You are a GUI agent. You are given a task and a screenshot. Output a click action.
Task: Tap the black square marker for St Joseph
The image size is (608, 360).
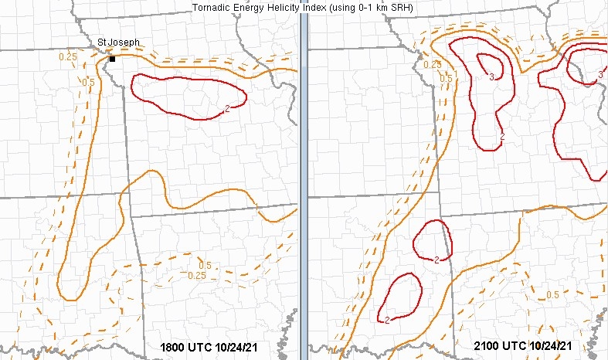coord(112,59)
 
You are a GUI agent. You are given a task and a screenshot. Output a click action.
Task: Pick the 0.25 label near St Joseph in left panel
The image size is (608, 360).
coord(67,56)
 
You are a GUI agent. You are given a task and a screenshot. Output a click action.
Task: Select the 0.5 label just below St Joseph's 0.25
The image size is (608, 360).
coord(88,82)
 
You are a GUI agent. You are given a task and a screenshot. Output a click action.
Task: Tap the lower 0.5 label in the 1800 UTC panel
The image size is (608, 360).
coord(204,266)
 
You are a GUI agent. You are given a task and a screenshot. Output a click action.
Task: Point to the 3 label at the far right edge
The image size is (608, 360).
coord(601,75)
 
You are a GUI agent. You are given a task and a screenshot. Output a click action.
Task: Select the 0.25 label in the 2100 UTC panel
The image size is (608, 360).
coord(433,64)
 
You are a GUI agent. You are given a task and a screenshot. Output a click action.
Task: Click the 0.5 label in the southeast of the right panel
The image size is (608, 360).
coord(553,295)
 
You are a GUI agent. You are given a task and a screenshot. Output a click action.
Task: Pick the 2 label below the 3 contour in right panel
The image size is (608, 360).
coord(502,136)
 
